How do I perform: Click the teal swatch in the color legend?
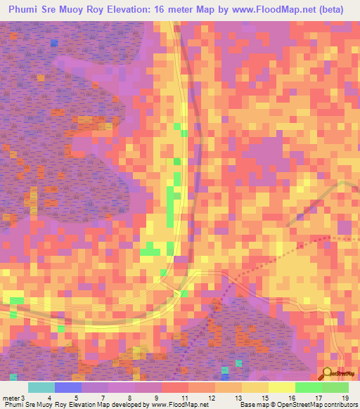41,387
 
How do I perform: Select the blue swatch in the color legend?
68,387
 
